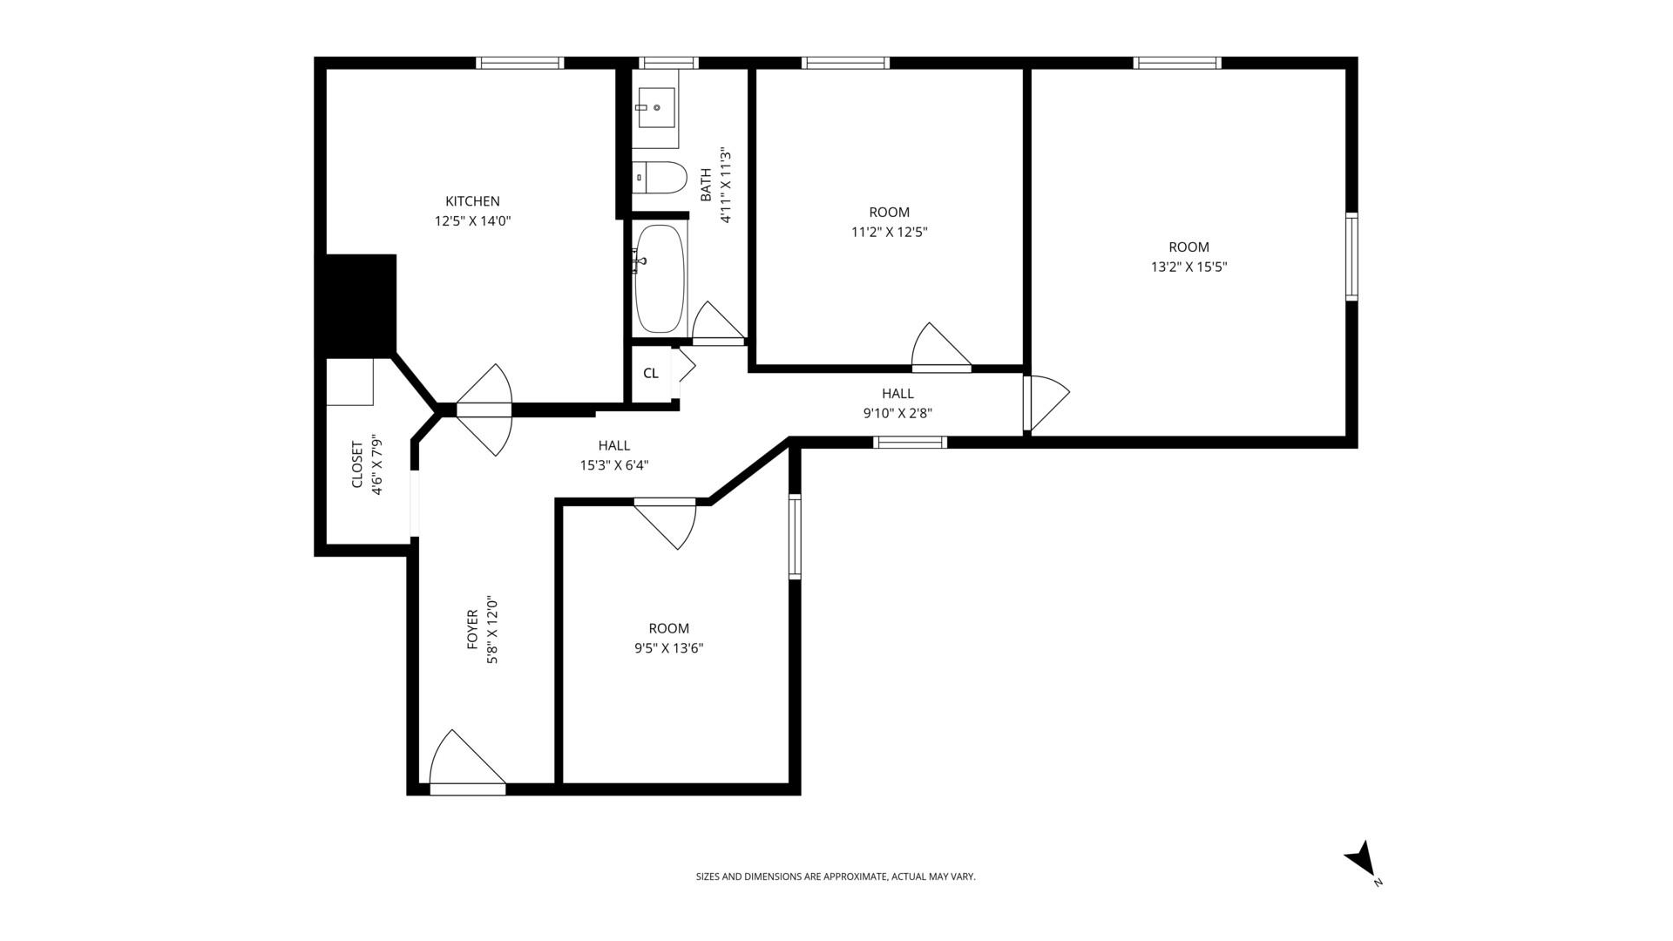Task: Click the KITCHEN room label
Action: (472, 201)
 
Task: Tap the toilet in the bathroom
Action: (660, 178)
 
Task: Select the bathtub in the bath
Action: (660, 279)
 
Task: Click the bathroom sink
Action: (656, 108)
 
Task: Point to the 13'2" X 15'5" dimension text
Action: (1189, 267)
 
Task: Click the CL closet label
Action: (651, 374)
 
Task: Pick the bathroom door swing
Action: (716, 323)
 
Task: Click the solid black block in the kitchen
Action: (361, 305)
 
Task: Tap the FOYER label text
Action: (472, 629)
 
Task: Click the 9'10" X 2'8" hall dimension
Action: (897, 414)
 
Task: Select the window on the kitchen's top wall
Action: (520, 63)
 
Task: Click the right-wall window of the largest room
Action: (1351, 257)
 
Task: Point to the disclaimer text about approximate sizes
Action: (835, 877)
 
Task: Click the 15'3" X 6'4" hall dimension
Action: (613, 465)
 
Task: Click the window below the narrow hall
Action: (910, 443)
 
